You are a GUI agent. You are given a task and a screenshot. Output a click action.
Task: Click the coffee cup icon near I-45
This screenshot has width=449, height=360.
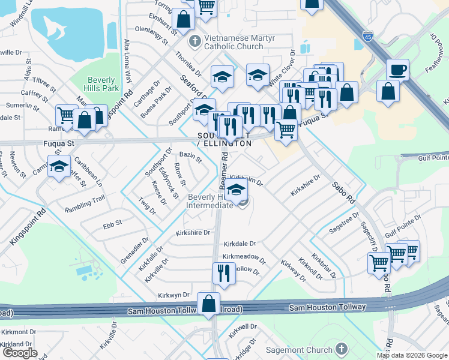397,70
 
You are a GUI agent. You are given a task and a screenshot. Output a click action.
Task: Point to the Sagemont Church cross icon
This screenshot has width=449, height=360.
341,349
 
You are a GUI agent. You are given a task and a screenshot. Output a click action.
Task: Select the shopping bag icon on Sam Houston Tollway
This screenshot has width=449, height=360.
208,303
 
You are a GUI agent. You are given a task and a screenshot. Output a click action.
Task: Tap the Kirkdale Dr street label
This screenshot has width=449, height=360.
240,244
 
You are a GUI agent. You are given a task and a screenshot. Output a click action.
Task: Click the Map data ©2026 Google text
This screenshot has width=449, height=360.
412,355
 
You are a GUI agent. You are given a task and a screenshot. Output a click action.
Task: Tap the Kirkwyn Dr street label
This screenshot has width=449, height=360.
173,295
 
